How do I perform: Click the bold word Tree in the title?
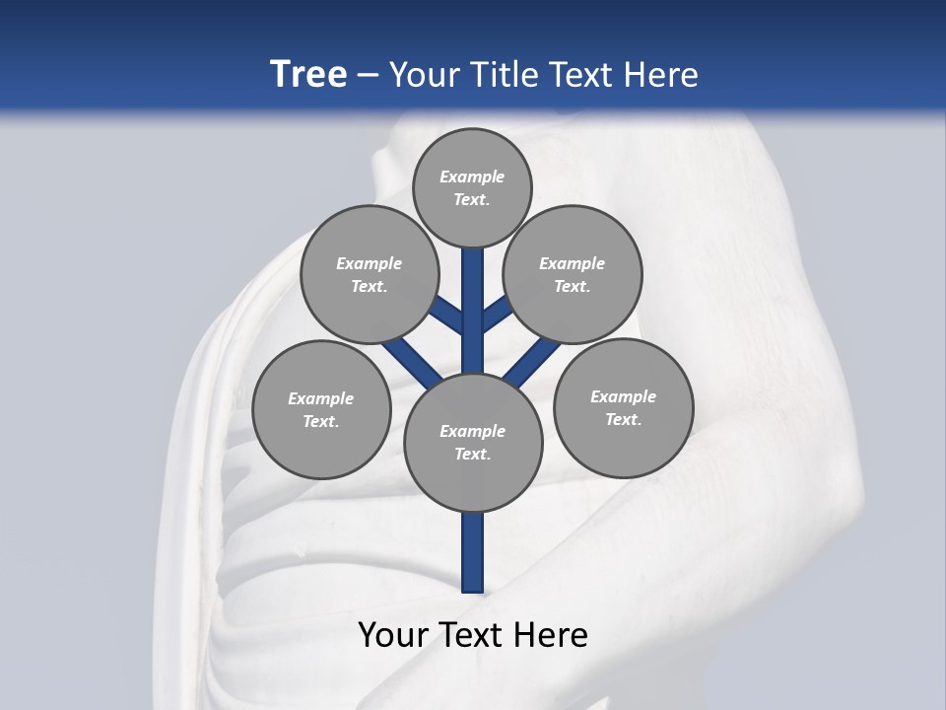(x=308, y=74)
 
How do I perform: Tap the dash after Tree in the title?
(x=368, y=76)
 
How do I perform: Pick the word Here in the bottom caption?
(x=552, y=635)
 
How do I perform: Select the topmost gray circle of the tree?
(x=472, y=187)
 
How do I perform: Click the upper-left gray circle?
(x=369, y=274)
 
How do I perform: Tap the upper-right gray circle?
(x=573, y=274)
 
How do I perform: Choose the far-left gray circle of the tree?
(x=321, y=409)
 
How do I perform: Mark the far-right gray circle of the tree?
(x=623, y=407)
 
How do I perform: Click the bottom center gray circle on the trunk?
(x=473, y=442)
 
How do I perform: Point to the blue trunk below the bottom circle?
(x=473, y=552)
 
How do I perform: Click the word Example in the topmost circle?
(x=472, y=177)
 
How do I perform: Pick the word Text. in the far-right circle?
(x=623, y=419)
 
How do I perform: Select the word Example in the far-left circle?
(x=321, y=398)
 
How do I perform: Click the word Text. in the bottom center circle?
(x=473, y=454)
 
